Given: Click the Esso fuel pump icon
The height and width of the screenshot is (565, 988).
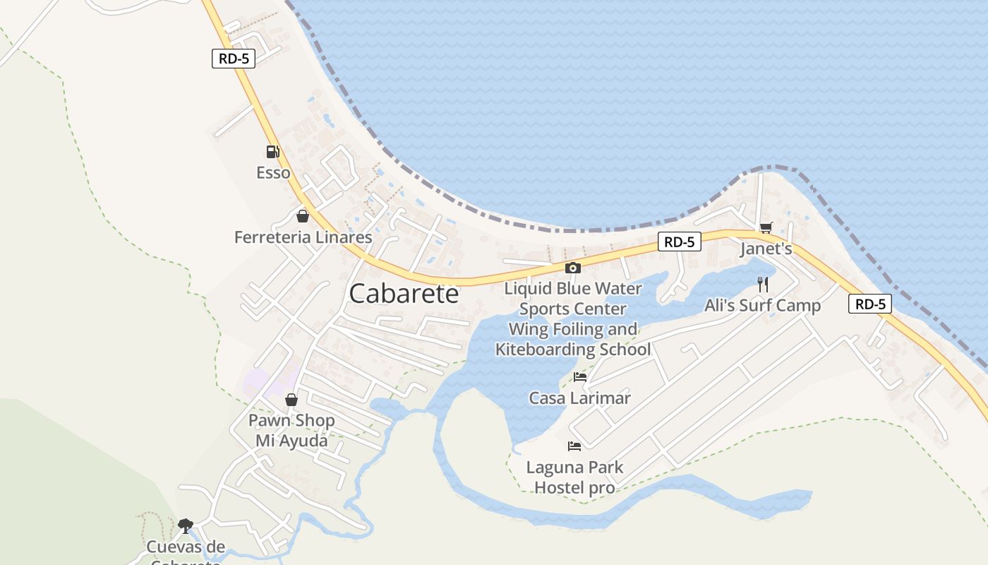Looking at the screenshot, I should [272, 151].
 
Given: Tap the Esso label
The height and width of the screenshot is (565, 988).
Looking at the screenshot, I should [273, 172].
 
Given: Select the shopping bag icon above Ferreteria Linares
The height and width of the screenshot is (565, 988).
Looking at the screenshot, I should [303, 216].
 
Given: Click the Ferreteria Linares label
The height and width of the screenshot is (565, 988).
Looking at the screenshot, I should [303, 237].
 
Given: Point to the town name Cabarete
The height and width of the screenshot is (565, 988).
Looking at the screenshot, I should [404, 294].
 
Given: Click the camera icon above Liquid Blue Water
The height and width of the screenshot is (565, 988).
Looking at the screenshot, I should [573, 268].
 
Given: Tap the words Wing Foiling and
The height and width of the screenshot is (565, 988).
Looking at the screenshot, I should [572, 329].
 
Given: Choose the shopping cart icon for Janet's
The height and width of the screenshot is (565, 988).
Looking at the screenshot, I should [766, 227].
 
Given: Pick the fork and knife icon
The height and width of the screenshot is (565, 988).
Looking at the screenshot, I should [762, 284].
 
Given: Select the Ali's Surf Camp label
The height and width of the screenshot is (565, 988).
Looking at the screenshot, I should [762, 306].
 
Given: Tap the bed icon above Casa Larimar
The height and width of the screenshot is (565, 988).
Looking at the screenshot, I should [580, 377].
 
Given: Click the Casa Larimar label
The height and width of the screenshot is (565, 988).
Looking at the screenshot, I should [579, 398].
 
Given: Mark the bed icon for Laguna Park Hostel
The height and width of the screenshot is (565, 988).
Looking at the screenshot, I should [574, 446].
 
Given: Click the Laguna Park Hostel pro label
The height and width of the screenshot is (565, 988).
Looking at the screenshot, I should [574, 477].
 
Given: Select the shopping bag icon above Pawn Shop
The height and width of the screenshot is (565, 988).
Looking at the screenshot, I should [291, 400].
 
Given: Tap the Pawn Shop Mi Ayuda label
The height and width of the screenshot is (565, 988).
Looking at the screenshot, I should [291, 431].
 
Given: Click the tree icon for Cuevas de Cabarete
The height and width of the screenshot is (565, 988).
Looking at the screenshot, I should [186, 525].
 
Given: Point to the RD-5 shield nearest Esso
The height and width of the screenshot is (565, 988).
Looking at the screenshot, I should [233, 59].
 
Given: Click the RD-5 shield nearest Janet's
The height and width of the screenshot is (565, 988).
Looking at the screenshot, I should [680, 242].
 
